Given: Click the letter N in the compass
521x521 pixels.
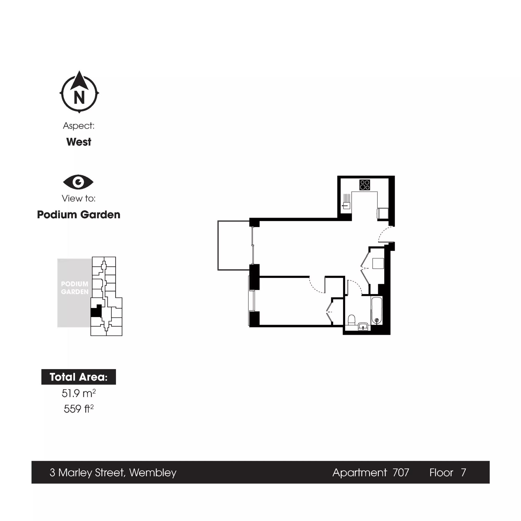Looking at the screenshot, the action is [79, 97].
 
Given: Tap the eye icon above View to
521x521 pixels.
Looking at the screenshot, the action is [78, 182].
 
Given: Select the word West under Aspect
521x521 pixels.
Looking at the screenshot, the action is [79, 142].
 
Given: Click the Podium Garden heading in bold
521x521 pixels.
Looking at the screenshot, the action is [78, 215].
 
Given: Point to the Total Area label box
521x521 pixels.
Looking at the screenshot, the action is [78, 377].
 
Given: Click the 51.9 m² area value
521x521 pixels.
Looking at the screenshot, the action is [78, 393].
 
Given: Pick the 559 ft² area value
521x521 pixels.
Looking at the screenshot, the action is [78, 408].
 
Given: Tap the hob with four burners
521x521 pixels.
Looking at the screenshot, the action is [365, 185].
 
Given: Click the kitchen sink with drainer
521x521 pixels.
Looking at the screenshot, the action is [346, 201].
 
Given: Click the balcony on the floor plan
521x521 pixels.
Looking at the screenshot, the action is [234, 245].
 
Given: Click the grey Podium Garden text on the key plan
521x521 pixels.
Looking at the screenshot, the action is [75, 288].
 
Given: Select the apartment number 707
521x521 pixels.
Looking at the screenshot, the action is [401, 473].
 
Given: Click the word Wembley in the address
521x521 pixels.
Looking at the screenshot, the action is [153, 473].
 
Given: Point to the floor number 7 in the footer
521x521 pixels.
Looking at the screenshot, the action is [463, 473].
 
